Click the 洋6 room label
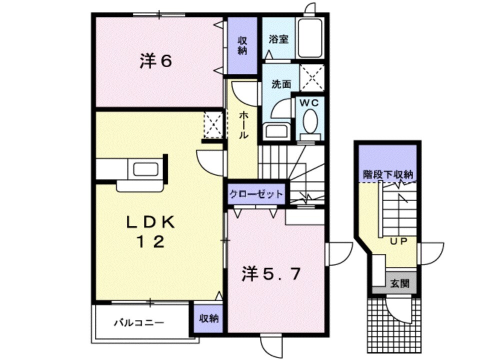(155, 61)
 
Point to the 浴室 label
(278, 39)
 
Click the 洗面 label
(280, 84)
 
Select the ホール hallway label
(243, 125)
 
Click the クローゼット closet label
(256, 194)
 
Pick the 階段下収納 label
(387, 174)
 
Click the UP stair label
(398, 240)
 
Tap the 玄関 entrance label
(399, 283)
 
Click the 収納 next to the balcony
(209, 318)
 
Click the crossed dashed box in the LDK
(213, 125)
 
